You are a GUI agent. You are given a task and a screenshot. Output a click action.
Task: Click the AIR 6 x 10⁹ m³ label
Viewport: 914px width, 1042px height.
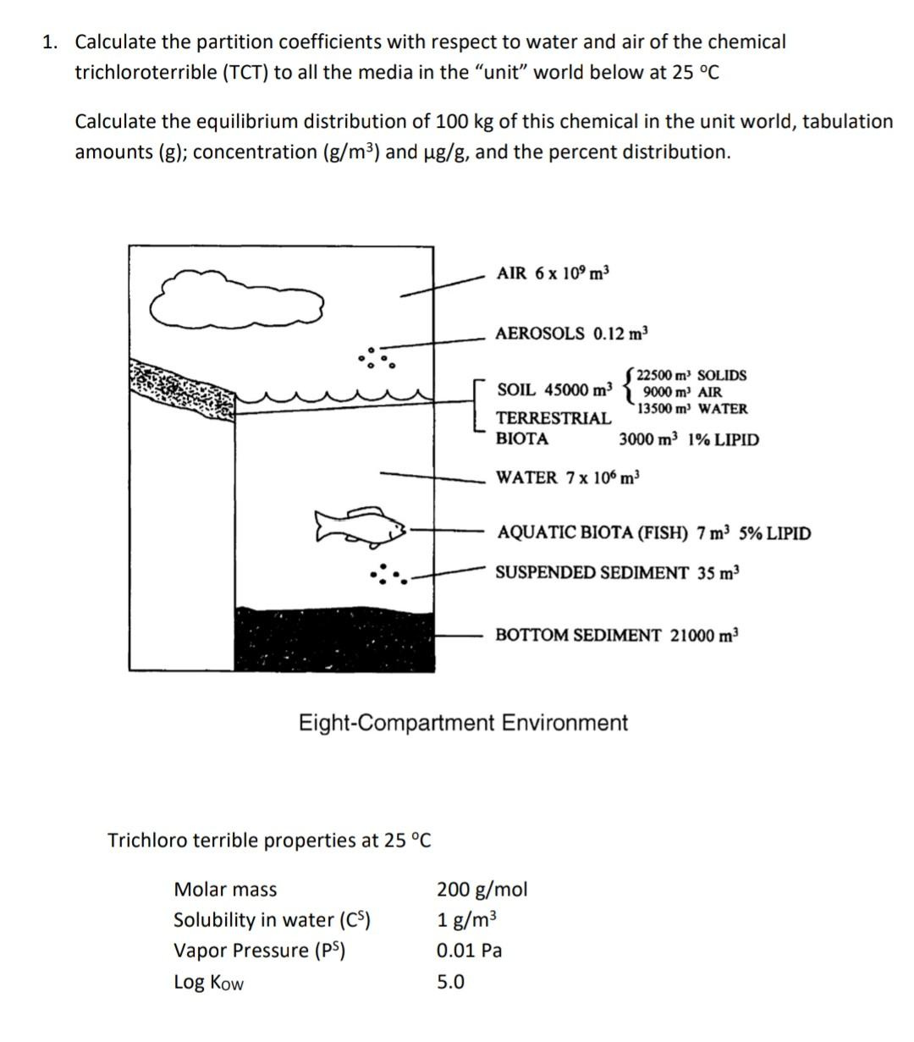pyautogui.click(x=553, y=273)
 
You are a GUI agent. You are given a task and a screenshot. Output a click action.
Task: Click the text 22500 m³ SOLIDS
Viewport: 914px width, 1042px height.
pyautogui.click(x=691, y=375)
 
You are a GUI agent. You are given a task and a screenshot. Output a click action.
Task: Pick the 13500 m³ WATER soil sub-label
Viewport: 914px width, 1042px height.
pyautogui.click(x=692, y=409)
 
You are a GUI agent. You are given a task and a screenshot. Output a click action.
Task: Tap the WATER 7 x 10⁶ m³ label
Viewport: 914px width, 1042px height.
pyautogui.click(x=568, y=477)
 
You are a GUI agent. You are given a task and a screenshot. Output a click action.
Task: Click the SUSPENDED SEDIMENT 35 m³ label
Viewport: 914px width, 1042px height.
pyautogui.click(x=617, y=573)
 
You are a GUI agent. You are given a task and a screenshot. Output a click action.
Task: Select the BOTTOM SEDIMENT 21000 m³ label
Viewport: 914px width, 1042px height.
pyautogui.click(x=617, y=635)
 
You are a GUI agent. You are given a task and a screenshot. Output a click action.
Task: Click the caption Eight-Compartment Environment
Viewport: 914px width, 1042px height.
pyautogui.click(x=463, y=723)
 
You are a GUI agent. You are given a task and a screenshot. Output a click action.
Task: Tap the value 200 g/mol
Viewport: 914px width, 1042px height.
pyautogui.click(x=482, y=889)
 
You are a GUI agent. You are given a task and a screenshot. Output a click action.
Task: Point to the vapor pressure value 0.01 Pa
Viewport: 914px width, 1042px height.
pyautogui.click(x=469, y=951)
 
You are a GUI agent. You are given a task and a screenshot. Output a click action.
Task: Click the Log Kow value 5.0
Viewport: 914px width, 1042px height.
pyautogui.click(x=450, y=982)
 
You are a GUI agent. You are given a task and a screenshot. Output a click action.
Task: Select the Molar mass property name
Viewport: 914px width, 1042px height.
pyautogui.click(x=225, y=889)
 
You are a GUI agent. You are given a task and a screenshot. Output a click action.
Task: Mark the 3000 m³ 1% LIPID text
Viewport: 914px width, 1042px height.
pyautogui.click(x=689, y=439)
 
